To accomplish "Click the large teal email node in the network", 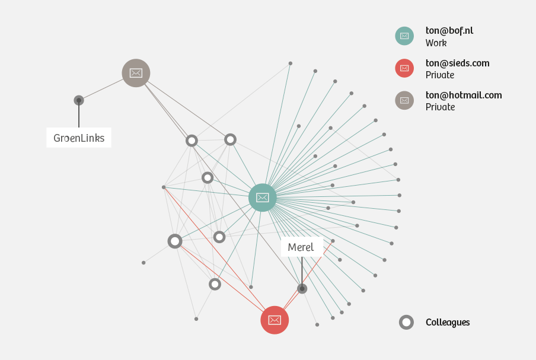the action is point(263,197).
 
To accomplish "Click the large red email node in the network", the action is point(275,320).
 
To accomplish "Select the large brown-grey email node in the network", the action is point(136,73).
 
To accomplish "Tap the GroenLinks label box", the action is point(79,138).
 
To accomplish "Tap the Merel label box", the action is point(301,247).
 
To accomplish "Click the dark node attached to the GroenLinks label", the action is point(79,100).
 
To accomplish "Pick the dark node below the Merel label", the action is point(302,289).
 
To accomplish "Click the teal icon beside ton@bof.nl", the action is point(404,36).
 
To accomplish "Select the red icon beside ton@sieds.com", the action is point(404,68).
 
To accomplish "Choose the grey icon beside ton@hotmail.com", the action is point(404,100).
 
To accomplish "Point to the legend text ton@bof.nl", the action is point(449,30).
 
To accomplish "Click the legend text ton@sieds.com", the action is point(457,63).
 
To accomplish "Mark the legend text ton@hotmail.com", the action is point(464,95).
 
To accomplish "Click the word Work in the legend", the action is point(436,43).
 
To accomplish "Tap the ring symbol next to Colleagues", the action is point(406,323).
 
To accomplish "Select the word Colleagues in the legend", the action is point(448,323).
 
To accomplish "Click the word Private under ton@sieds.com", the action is point(439,75).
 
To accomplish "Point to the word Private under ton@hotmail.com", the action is point(440,107).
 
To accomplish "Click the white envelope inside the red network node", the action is point(275,320).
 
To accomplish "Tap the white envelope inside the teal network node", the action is point(263,197).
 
